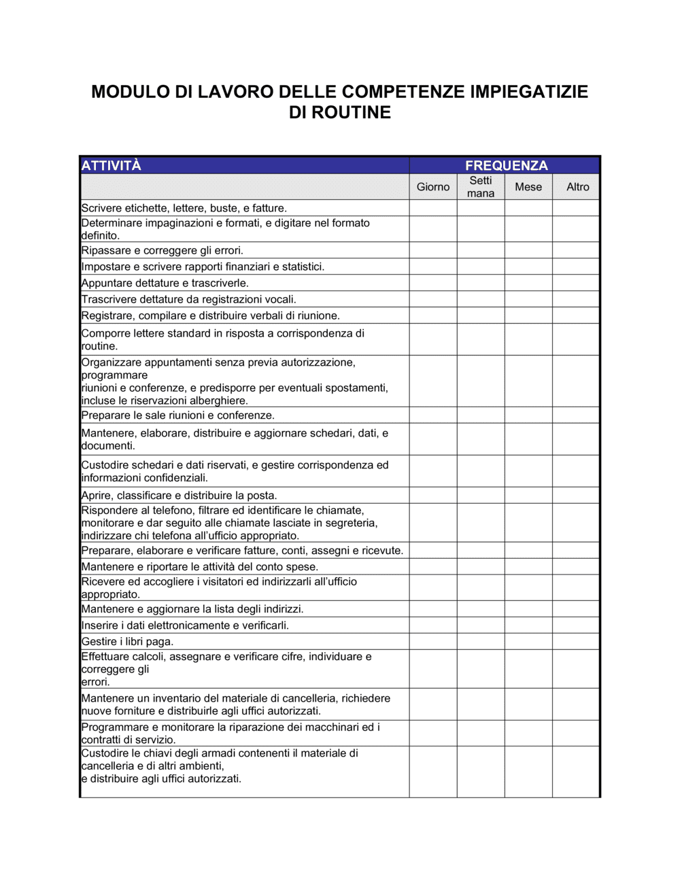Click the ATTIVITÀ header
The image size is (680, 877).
pos(112,165)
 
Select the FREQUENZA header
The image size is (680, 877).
pos(506,165)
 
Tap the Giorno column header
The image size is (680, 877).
pos(433,187)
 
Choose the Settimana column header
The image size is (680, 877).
pos(481,187)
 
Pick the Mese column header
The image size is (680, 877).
pos(528,187)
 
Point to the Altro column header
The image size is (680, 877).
pos(577,187)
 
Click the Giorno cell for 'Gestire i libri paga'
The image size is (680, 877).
pos(433,641)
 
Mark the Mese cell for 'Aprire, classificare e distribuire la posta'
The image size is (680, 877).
pos(528,495)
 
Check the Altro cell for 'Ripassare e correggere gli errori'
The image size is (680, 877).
pos(576,250)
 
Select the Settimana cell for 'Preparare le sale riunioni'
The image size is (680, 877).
pos(481,415)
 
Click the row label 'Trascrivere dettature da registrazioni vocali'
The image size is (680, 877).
pos(188,299)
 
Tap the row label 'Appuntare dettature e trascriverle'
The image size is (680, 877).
pos(165,283)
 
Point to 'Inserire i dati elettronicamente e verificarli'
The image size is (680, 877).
pos(185,625)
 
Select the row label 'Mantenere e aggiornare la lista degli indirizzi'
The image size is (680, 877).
pos(192,608)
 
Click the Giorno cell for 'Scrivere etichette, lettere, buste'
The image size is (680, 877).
pos(433,208)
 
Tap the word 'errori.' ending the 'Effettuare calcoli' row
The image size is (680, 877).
pos(96,682)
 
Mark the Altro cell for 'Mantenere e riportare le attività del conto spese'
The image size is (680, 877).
pos(576,566)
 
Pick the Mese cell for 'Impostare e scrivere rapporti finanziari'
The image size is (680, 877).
pos(528,266)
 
